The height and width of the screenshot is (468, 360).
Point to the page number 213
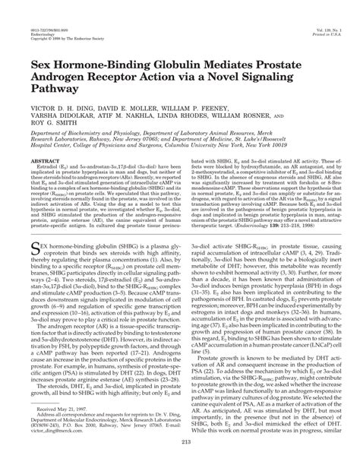180,459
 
